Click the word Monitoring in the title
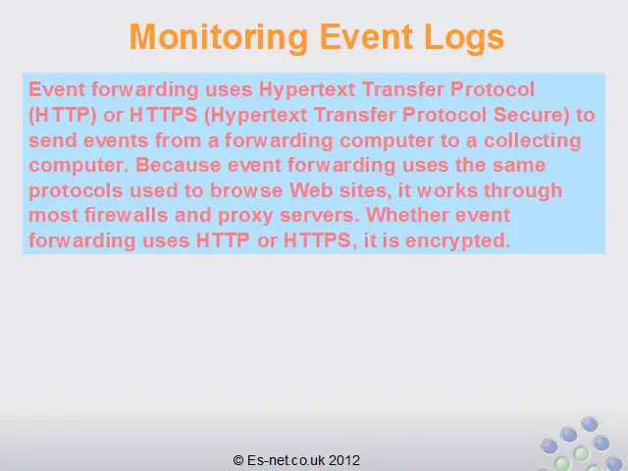(219, 37)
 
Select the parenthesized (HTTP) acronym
(63, 115)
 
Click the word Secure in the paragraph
(532, 115)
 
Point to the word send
(52, 140)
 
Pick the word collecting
(532, 140)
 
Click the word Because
(179, 165)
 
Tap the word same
(519, 166)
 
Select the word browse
(246, 190)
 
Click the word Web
(311, 190)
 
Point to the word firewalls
(126, 215)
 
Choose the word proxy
(245, 216)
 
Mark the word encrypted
(458, 241)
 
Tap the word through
(523, 191)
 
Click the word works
(447, 190)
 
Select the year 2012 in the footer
(344, 460)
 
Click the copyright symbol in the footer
(238, 460)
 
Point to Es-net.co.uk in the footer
(287, 460)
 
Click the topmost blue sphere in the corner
(590, 424)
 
